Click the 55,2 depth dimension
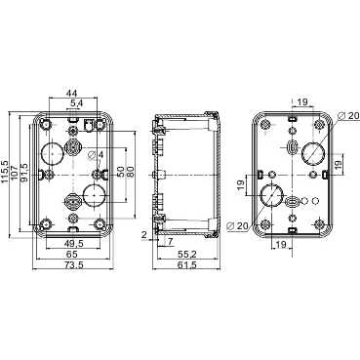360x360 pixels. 186,255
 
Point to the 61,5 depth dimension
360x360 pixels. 188,266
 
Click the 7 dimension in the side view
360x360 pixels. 170,242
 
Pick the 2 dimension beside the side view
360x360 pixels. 144,234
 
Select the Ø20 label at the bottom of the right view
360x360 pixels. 234,228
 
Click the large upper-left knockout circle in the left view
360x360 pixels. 53,152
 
